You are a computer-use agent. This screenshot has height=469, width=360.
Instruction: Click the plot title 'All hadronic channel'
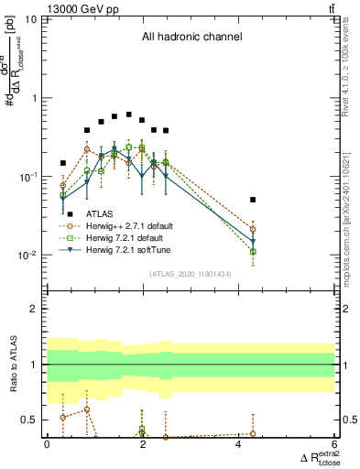(191, 38)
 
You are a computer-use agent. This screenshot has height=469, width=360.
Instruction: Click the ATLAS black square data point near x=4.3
(253, 199)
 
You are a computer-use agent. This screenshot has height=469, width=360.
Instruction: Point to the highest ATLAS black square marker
(129, 115)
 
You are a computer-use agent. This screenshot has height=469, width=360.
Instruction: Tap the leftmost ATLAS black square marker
(63, 163)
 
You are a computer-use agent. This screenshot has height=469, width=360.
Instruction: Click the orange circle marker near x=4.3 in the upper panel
(253, 229)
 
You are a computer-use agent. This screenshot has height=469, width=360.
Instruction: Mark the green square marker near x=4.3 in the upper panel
(253, 251)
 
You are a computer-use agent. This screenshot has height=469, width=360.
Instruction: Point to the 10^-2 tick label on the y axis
(27, 256)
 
